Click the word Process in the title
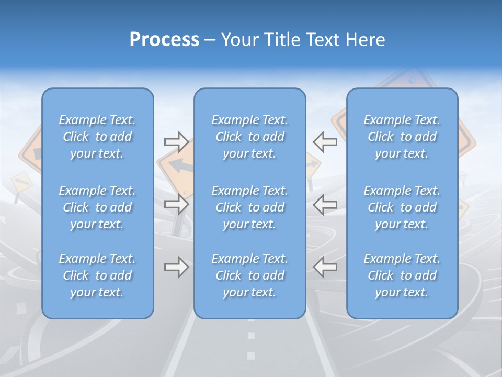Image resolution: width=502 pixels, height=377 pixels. coord(164,40)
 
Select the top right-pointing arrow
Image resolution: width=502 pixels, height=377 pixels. coord(176,142)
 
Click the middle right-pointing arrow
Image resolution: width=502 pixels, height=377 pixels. coord(176,204)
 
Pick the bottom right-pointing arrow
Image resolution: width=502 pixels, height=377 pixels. coord(176,267)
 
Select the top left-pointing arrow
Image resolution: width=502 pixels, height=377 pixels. coord(325,142)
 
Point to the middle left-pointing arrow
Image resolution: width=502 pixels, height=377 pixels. coord(325,204)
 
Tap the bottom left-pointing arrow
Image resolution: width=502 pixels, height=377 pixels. coord(325,267)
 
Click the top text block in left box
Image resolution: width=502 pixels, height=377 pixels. coord(97,137)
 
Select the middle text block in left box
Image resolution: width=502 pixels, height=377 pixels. coord(97,207)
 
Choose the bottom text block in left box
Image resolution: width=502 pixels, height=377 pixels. coord(97,275)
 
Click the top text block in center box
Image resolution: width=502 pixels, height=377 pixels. coord(250,137)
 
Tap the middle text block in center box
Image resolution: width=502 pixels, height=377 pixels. coord(250,207)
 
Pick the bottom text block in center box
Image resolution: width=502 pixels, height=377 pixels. coord(250,275)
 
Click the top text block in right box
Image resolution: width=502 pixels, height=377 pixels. coord(402,137)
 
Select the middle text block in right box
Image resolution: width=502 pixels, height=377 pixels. coord(402,207)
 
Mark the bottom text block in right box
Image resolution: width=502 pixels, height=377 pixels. coord(402,275)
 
